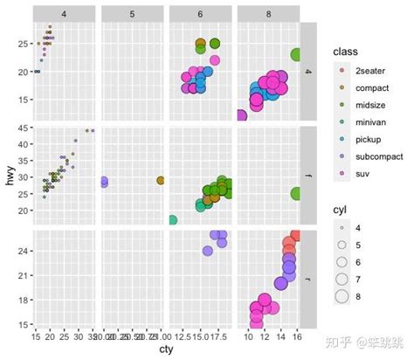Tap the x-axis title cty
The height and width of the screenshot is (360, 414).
(166, 351)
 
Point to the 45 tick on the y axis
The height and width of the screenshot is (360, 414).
(24, 130)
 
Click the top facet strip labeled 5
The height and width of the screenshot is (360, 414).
(132, 14)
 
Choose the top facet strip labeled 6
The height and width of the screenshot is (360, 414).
(200, 14)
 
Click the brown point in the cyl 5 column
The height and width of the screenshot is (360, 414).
(161, 181)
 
